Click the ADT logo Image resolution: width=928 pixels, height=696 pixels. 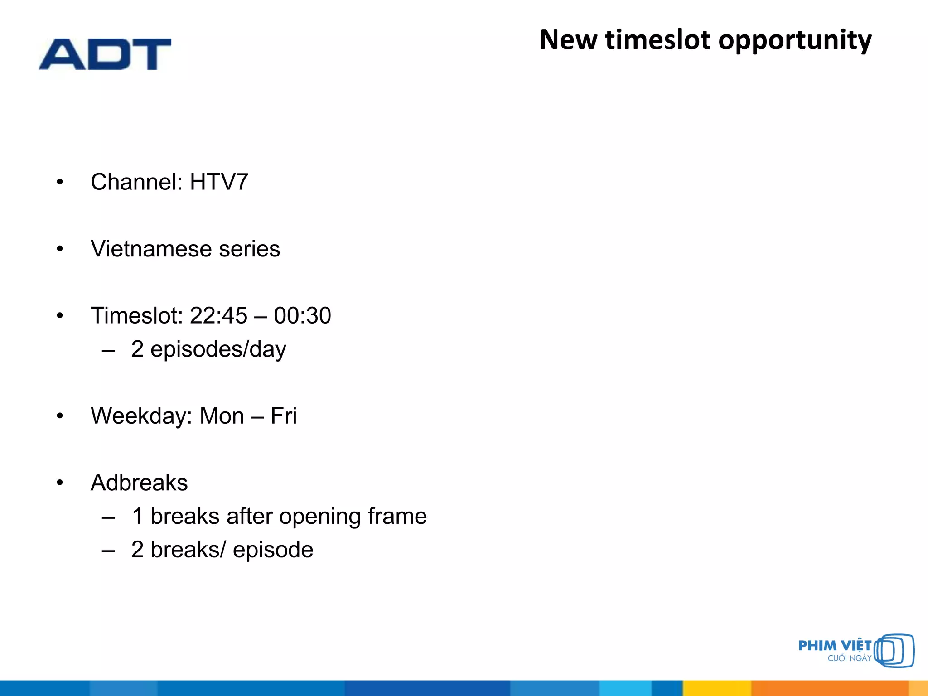tap(105, 54)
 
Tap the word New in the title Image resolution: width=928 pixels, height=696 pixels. tap(568, 40)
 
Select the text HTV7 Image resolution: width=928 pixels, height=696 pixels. tap(219, 182)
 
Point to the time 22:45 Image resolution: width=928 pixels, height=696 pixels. tap(218, 316)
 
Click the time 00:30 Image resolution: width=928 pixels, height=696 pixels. tap(303, 316)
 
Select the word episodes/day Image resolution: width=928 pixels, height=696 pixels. tap(218, 349)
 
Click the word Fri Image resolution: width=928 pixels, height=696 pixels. tap(284, 416)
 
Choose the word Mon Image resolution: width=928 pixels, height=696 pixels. tap(222, 416)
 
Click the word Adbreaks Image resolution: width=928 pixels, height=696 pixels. tap(139, 483)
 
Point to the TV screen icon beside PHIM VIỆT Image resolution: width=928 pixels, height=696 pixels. tap(894, 651)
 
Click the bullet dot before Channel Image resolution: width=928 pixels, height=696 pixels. tap(60, 182)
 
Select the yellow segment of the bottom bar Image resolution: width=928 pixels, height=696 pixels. tap(716, 688)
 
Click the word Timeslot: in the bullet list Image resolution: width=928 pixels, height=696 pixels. tap(136, 316)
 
